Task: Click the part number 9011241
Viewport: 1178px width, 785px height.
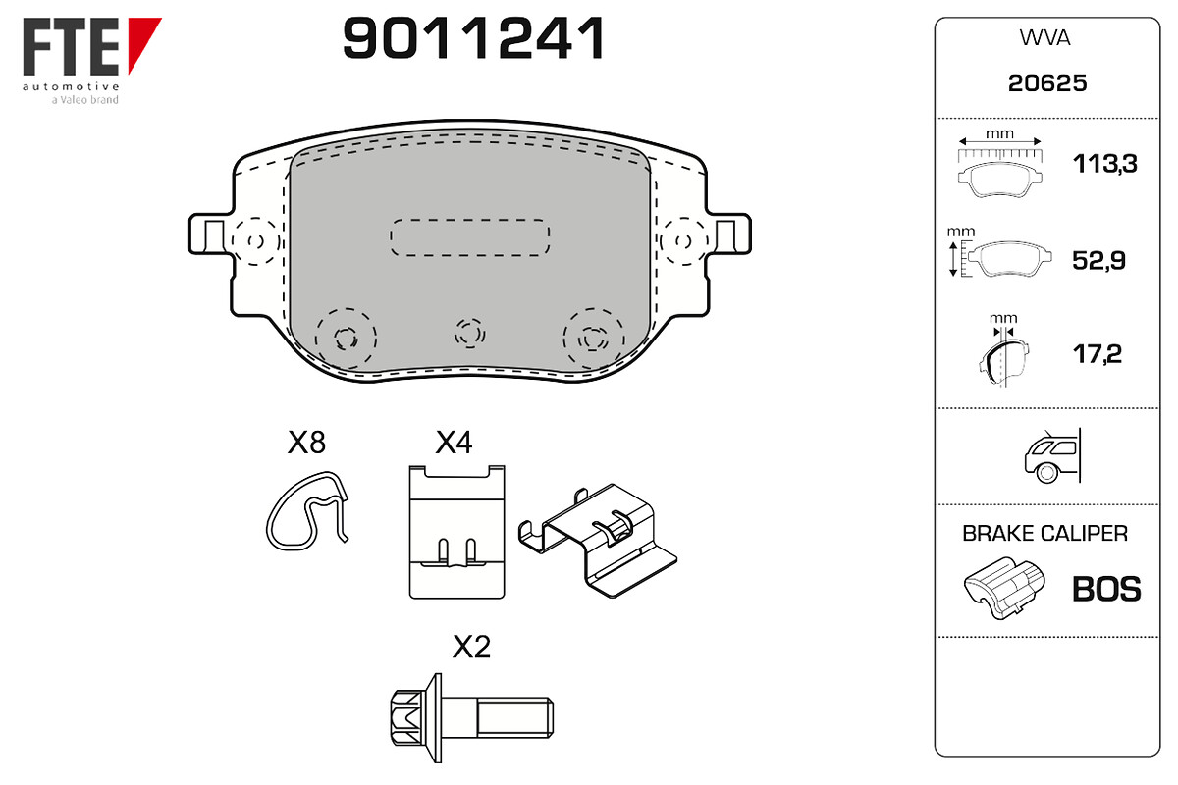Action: [473, 38]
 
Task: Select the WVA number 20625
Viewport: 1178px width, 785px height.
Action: [1047, 83]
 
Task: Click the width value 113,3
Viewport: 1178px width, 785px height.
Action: [1105, 164]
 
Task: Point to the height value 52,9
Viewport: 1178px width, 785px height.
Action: [1098, 260]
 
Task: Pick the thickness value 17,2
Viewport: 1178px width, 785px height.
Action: [1098, 354]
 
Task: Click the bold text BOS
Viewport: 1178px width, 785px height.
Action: [1106, 589]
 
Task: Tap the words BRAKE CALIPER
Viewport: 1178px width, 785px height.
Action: [1044, 533]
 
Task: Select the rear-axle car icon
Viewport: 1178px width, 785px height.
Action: [1052, 455]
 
